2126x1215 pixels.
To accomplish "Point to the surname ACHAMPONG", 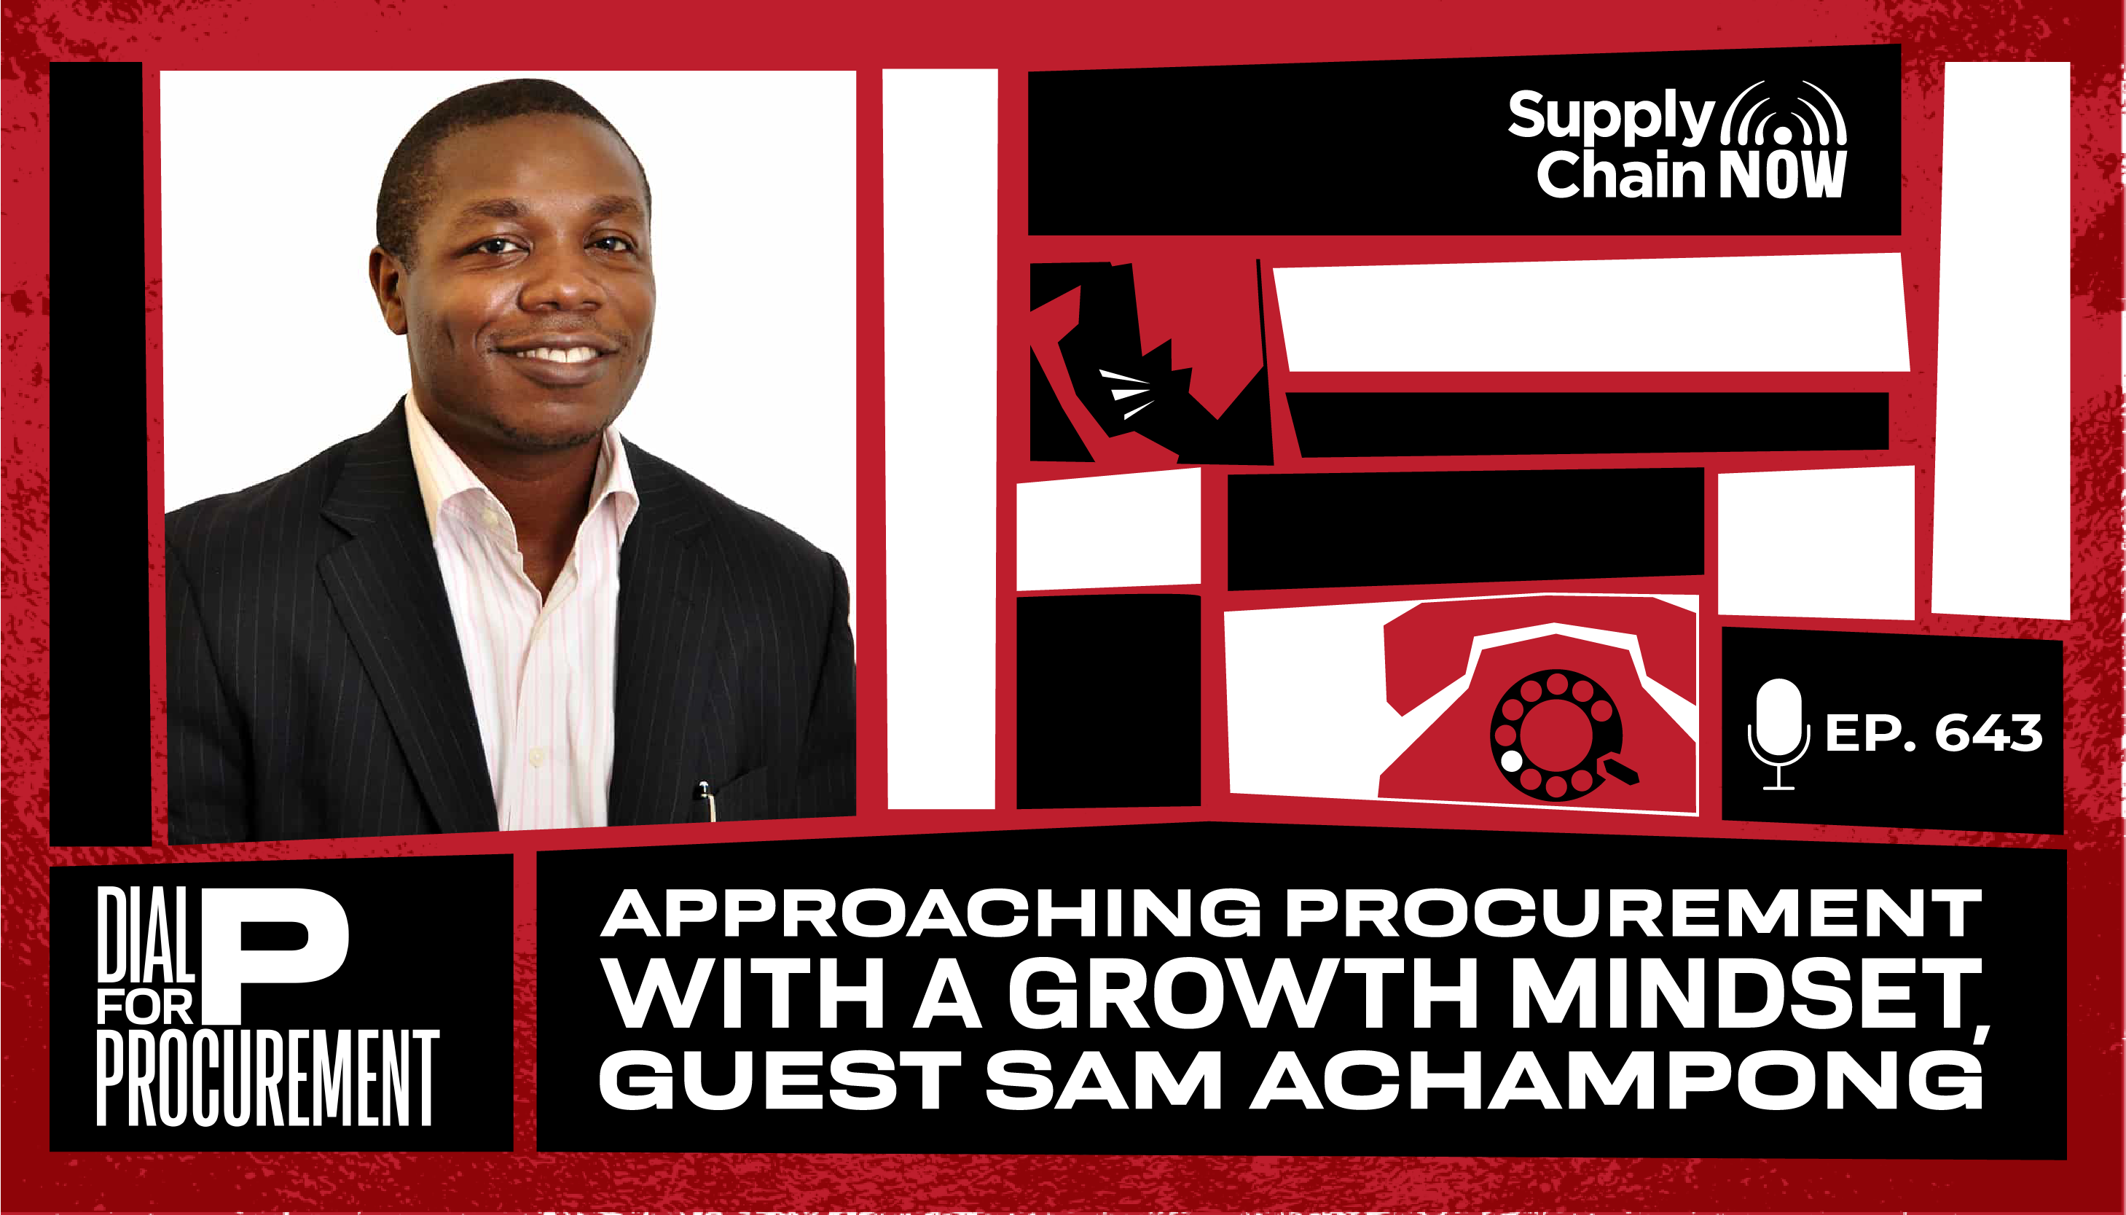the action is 1615,1080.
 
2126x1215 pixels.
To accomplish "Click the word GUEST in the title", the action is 780,1080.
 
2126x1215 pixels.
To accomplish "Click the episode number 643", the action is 1988,732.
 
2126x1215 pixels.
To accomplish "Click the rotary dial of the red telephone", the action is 1557,735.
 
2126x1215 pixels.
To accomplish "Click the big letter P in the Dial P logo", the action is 279,956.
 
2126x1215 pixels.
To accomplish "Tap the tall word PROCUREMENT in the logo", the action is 267,1078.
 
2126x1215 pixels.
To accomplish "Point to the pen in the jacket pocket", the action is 707,801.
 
